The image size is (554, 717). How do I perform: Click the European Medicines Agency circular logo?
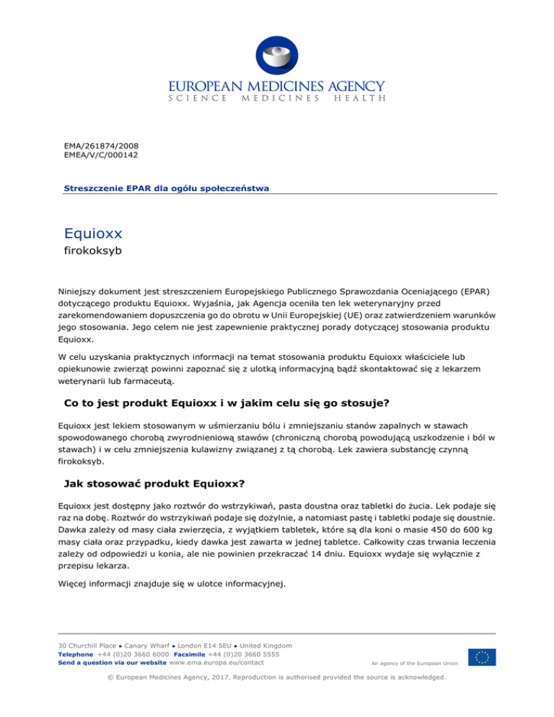coord(277,50)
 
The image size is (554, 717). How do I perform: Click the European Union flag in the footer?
coord(481,657)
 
